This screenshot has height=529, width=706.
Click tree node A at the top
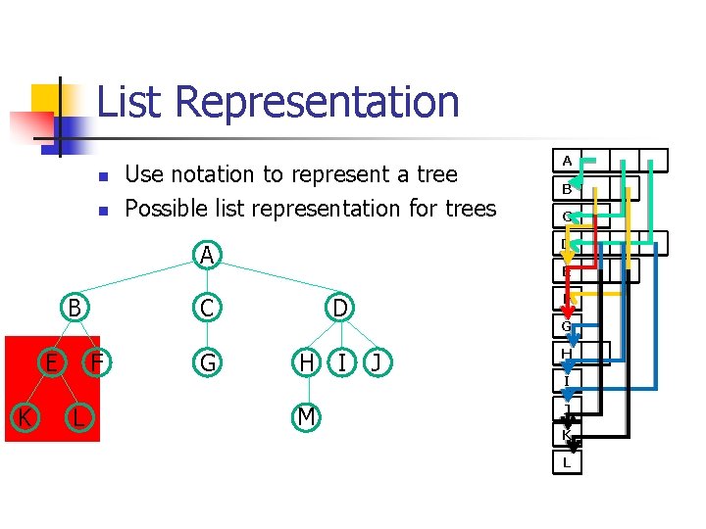tap(206, 255)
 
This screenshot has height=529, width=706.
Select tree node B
tap(74, 308)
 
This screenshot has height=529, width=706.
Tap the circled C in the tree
tap(207, 308)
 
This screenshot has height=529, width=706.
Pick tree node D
tap(339, 308)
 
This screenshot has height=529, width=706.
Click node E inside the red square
tap(49, 363)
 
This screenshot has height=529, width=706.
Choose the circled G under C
tap(207, 363)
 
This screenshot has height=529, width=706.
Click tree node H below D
tap(307, 363)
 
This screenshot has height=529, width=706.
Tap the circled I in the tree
tap(340, 363)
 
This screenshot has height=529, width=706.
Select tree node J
tap(376, 363)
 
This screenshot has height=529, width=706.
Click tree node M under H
tap(307, 418)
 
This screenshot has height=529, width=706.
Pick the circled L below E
tap(76, 418)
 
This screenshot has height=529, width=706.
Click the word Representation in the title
tap(321, 103)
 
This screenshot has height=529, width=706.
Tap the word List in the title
tap(133, 101)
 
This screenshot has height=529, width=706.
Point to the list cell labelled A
tap(567, 160)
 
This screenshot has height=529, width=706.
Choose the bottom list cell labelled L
tap(567, 462)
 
